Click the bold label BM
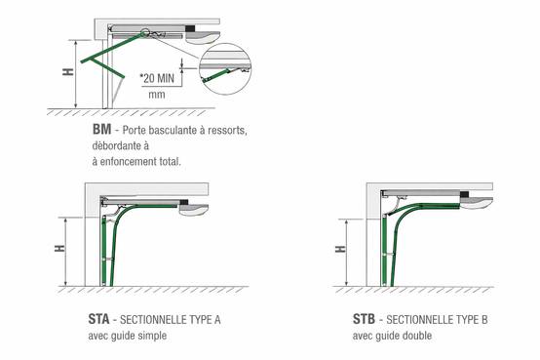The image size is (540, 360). point(101,130)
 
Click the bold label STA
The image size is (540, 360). point(98,319)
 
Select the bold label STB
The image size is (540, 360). point(364,319)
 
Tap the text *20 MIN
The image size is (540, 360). point(157,78)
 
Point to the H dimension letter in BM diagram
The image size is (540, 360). point(68,72)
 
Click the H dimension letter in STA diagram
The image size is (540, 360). point(59,248)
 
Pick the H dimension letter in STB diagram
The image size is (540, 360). point(340,249)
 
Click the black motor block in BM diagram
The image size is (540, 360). point(190,28)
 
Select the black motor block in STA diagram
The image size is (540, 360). point(184,202)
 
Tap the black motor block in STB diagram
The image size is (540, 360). point(464,194)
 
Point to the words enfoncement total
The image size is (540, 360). point(140,161)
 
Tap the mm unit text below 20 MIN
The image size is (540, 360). point(157,95)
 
